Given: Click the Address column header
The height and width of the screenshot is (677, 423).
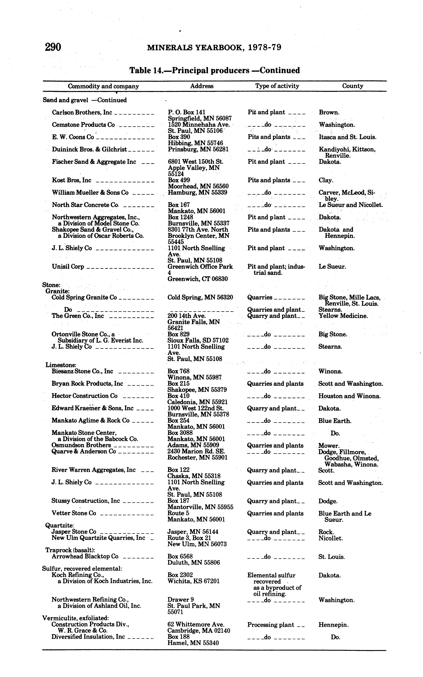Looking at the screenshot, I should (x=202, y=86).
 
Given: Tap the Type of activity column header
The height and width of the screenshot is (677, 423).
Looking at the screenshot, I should (x=277, y=86).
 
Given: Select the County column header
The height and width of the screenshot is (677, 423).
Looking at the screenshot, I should (x=352, y=86).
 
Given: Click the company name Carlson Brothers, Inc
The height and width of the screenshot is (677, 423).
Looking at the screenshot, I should (x=82, y=112).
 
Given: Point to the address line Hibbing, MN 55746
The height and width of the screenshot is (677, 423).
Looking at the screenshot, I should (x=195, y=143).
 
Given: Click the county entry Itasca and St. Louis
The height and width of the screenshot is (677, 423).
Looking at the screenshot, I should (x=347, y=137).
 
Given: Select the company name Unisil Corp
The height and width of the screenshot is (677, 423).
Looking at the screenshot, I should (x=68, y=266).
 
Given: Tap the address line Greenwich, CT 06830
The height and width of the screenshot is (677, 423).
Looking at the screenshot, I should (x=197, y=279).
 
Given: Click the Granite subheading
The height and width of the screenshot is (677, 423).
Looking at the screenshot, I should (x=56, y=291).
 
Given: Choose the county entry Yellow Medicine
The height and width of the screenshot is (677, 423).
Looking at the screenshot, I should (x=343, y=316).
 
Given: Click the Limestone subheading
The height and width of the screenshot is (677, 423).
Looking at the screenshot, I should (x=61, y=365).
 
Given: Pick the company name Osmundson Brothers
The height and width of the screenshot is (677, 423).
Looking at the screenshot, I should (x=81, y=445).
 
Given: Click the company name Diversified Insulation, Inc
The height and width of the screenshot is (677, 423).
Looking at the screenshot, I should (x=88, y=637).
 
